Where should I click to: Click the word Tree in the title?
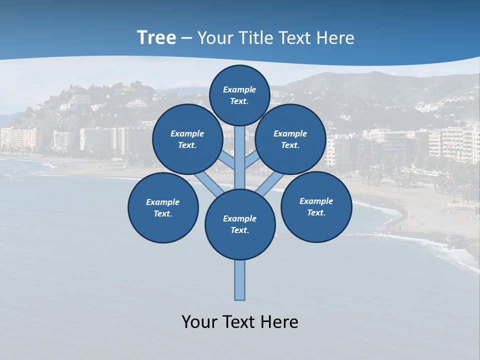(156, 38)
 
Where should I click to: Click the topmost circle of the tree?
(239, 95)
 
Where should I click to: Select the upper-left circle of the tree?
(187, 139)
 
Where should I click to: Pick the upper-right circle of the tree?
(290, 139)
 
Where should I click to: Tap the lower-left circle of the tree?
(163, 208)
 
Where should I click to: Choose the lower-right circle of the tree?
(316, 207)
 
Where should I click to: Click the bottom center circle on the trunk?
(240, 224)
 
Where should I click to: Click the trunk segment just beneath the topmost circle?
(240, 150)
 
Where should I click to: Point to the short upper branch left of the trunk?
(227, 160)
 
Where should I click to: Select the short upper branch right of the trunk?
(251, 160)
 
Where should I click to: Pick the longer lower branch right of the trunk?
(270, 183)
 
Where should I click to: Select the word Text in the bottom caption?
(241, 322)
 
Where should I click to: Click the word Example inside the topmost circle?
(239, 89)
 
